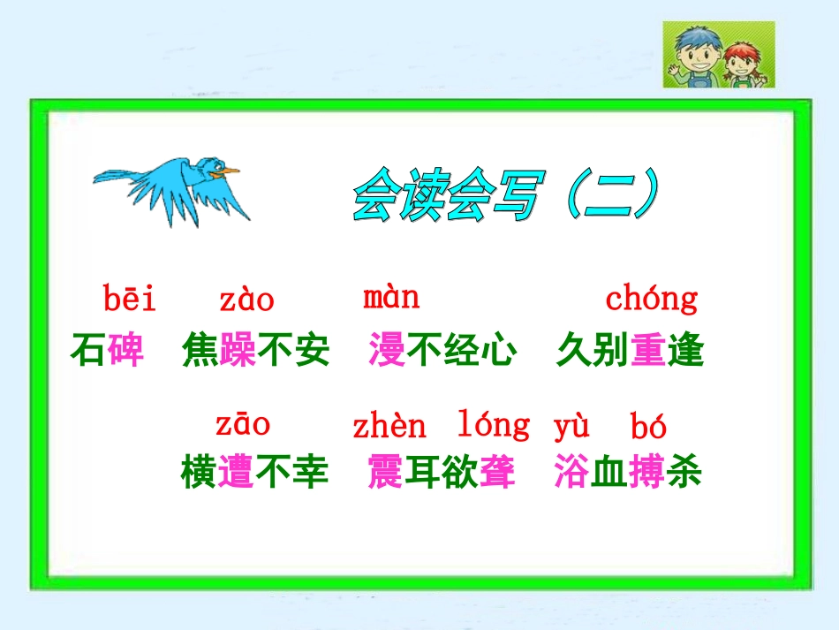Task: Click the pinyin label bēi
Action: click(130, 300)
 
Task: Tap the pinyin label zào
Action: click(246, 301)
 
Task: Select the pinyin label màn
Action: click(391, 298)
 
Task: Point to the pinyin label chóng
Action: click(651, 300)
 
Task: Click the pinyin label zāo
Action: click(243, 424)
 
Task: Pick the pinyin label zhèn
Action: click(389, 428)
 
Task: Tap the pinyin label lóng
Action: click(494, 426)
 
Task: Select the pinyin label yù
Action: click(571, 427)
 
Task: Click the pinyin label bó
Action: click(649, 428)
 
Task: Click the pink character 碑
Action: click(125, 351)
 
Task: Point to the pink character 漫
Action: click(387, 351)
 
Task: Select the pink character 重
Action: click(648, 351)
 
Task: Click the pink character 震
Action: click(386, 473)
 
